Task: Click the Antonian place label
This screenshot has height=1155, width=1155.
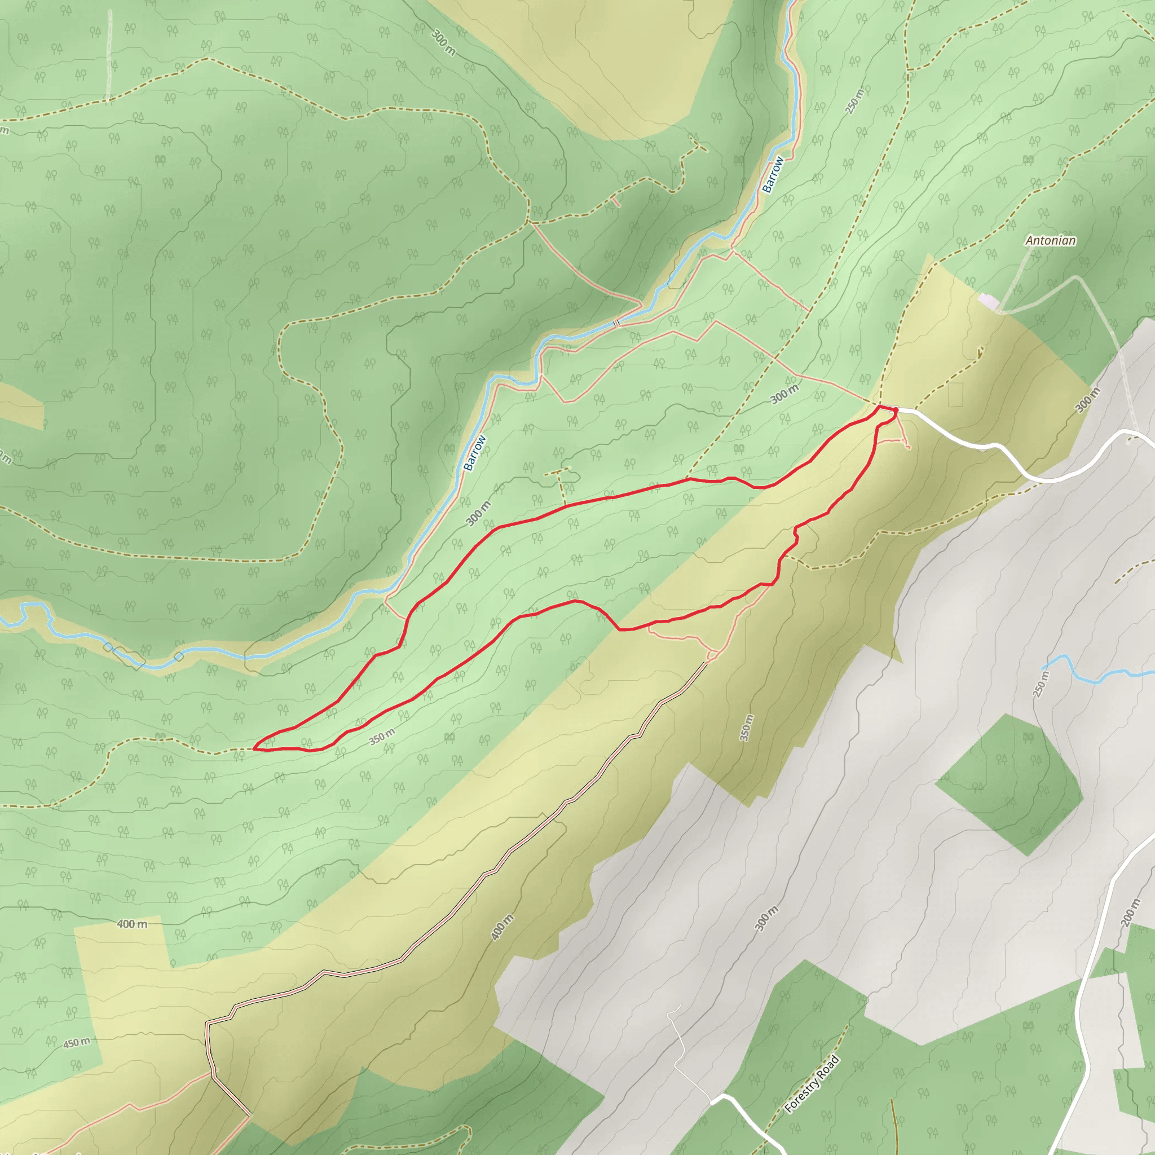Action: pos(1050,240)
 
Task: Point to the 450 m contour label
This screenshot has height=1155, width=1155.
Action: pos(77,1043)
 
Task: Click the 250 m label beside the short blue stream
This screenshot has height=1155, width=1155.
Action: pos(1042,684)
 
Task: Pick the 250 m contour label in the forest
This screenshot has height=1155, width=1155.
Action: pos(855,101)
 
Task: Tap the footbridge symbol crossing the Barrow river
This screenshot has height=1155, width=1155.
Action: pos(616,323)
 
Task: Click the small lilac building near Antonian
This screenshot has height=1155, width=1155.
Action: pos(988,301)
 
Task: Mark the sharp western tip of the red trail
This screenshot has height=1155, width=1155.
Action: pos(255,747)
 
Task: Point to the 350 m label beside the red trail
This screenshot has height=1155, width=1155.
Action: pos(381,737)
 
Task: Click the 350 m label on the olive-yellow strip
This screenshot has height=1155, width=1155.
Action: pos(747,728)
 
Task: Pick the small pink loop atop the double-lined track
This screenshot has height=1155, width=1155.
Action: pos(713,656)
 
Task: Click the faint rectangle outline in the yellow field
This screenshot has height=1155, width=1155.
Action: pos(955,395)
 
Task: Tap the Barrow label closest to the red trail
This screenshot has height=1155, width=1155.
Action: pos(475,452)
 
